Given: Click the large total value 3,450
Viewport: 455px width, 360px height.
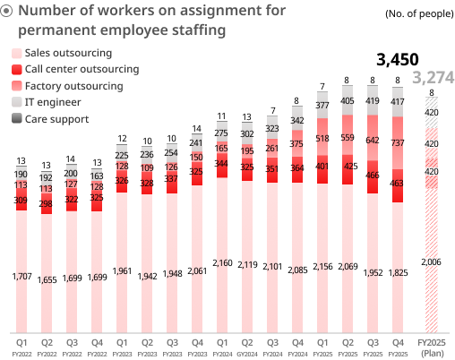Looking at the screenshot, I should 398,60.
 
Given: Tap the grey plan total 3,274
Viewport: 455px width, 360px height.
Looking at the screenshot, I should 434,78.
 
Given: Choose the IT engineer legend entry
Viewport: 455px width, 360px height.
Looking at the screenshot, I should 55,102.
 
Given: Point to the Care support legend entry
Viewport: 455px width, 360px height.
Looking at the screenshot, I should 56,118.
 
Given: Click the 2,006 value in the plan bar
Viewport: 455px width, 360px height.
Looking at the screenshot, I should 432,261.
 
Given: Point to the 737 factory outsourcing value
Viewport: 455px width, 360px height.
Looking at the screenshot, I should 398,143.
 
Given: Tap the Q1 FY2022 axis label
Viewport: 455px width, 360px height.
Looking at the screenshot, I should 21,347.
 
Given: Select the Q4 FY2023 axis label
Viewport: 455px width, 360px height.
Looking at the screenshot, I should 196,347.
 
